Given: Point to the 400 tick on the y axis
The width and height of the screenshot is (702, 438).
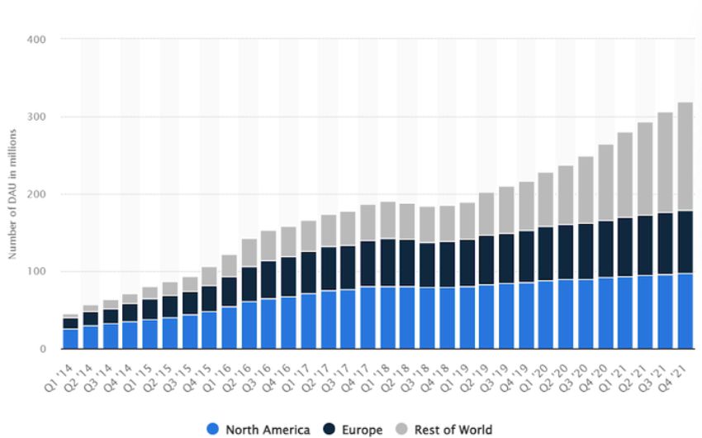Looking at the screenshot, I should (38, 39).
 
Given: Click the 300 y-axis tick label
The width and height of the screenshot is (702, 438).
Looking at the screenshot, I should (38, 117).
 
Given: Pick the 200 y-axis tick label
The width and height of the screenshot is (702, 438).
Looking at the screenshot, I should (38, 194).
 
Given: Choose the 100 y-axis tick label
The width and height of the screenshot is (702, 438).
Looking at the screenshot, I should (38, 272).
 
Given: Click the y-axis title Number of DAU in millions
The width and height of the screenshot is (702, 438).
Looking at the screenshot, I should (13, 194).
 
